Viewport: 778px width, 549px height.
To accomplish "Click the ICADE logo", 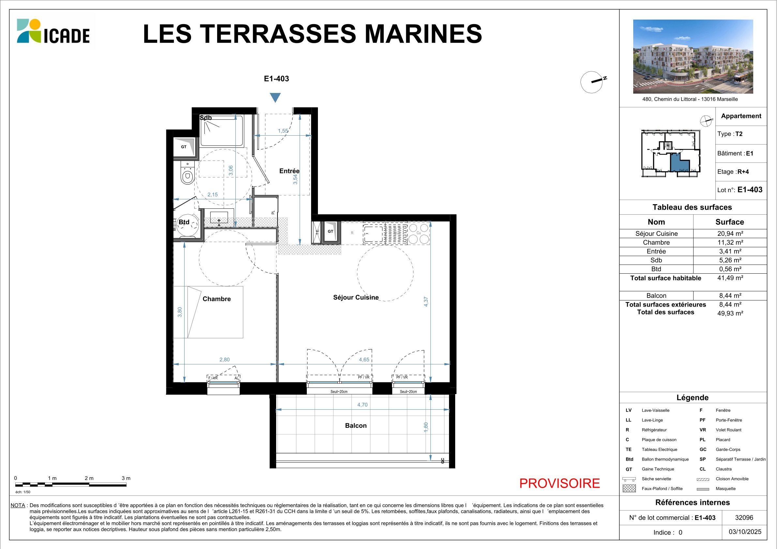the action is (x=53, y=31).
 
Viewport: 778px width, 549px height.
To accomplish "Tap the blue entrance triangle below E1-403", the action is (x=275, y=98).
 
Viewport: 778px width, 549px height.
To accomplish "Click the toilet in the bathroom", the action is (x=187, y=173).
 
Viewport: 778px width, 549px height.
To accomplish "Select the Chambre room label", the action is (x=217, y=299).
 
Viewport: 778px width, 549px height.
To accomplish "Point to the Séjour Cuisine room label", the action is (x=356, y=297).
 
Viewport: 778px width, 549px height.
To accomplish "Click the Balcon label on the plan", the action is (x=356, y=426).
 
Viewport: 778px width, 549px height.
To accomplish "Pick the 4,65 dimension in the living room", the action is (x=364, y=359).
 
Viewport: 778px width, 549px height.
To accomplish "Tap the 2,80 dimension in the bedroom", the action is (x=225, y=359).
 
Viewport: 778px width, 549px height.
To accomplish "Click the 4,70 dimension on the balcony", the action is (x=362, y=404).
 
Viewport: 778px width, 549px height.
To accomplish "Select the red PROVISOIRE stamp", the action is (x=560, y=483).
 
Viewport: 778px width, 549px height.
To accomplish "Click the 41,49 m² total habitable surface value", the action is (x=730, y=278).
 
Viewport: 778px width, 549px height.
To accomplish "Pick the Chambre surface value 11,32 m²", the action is (x=730, y=242).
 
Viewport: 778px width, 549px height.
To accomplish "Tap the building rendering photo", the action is (x=693, y=56).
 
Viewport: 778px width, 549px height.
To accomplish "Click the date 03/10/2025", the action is (x=745, y=532).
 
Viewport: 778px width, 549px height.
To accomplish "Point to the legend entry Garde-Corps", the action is (x=728, y=450).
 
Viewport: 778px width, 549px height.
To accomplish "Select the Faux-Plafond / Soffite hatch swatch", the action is (x=629, y=488).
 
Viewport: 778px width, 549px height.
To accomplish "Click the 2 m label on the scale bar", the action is (x=89, y=478).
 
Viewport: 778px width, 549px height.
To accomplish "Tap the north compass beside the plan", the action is (x=593, y=82).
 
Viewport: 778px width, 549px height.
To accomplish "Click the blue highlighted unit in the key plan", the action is (x=680, y=163).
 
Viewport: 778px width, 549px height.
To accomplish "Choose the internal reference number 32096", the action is (x=744, y=517).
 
